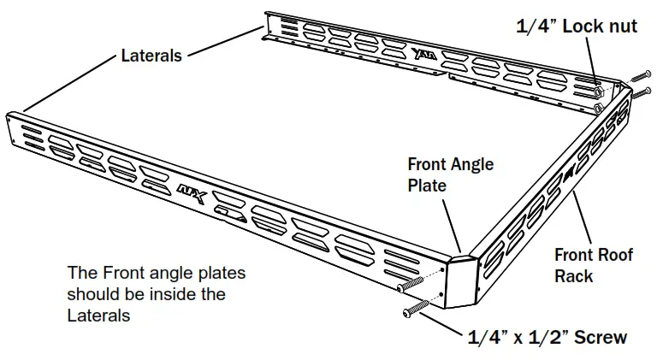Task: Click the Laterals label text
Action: pos(151,56)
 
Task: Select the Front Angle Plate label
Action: pos(450,173)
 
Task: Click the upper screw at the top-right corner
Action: pos(642,78)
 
